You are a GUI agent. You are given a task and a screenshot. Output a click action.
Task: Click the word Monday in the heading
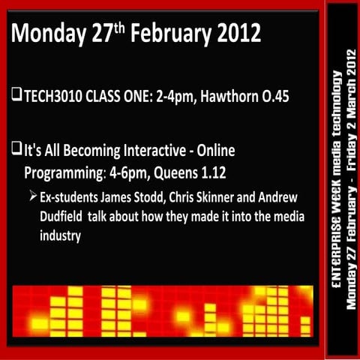(x=50, y=34)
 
